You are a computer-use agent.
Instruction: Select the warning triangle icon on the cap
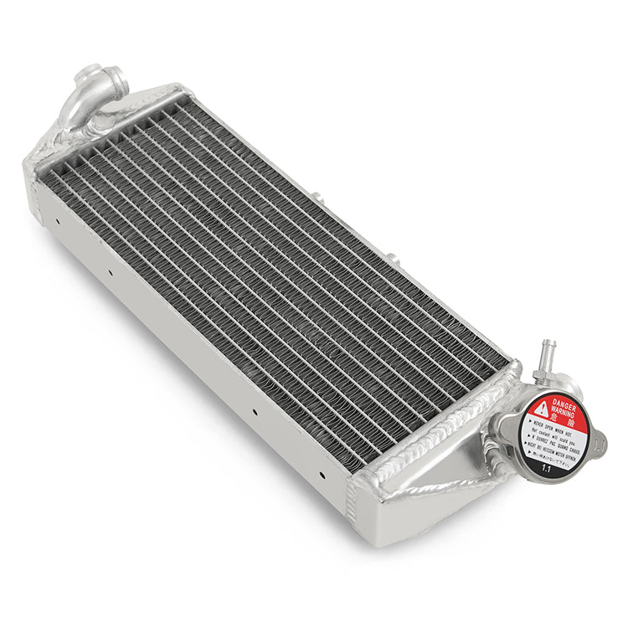pyautogui.click(x=543, y=409)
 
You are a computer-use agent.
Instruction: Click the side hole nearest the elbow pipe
pyautogui.click(x=58, y=222)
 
